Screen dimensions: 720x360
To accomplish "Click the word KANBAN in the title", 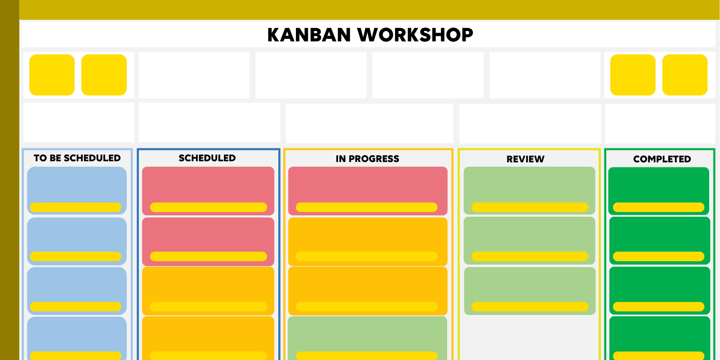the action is [309, 35].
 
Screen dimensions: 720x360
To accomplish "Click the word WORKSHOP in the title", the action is [415, 35].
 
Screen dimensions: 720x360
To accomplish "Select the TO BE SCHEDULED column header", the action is [77, 158].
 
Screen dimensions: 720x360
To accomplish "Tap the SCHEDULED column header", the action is [207, 158].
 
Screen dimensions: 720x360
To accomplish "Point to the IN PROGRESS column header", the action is [367, 159].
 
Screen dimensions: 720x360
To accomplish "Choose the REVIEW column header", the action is [525, 159].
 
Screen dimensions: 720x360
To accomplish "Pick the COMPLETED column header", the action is [662, 159].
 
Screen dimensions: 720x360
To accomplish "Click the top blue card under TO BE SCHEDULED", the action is [77, 190].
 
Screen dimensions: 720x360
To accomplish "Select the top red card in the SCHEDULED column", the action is [208, 191].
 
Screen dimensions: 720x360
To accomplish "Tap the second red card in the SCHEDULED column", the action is [208, 242].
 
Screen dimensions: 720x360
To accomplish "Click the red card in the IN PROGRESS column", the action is [368, 191].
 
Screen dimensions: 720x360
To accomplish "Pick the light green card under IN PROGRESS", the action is [368, 338].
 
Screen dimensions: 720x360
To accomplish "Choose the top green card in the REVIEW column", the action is [529, 190].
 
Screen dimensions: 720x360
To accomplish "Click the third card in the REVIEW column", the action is [530, 291].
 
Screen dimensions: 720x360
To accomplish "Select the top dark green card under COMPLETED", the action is [659, 191].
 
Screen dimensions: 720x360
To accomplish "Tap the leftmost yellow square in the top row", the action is [52, 75].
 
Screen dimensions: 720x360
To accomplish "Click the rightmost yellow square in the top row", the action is [685, 75].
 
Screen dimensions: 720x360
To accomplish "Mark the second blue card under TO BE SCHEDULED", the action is [77, 241].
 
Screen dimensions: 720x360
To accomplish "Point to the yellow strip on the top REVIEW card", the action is [530, 207].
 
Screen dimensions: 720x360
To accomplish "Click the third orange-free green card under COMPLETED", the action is [660, 291].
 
